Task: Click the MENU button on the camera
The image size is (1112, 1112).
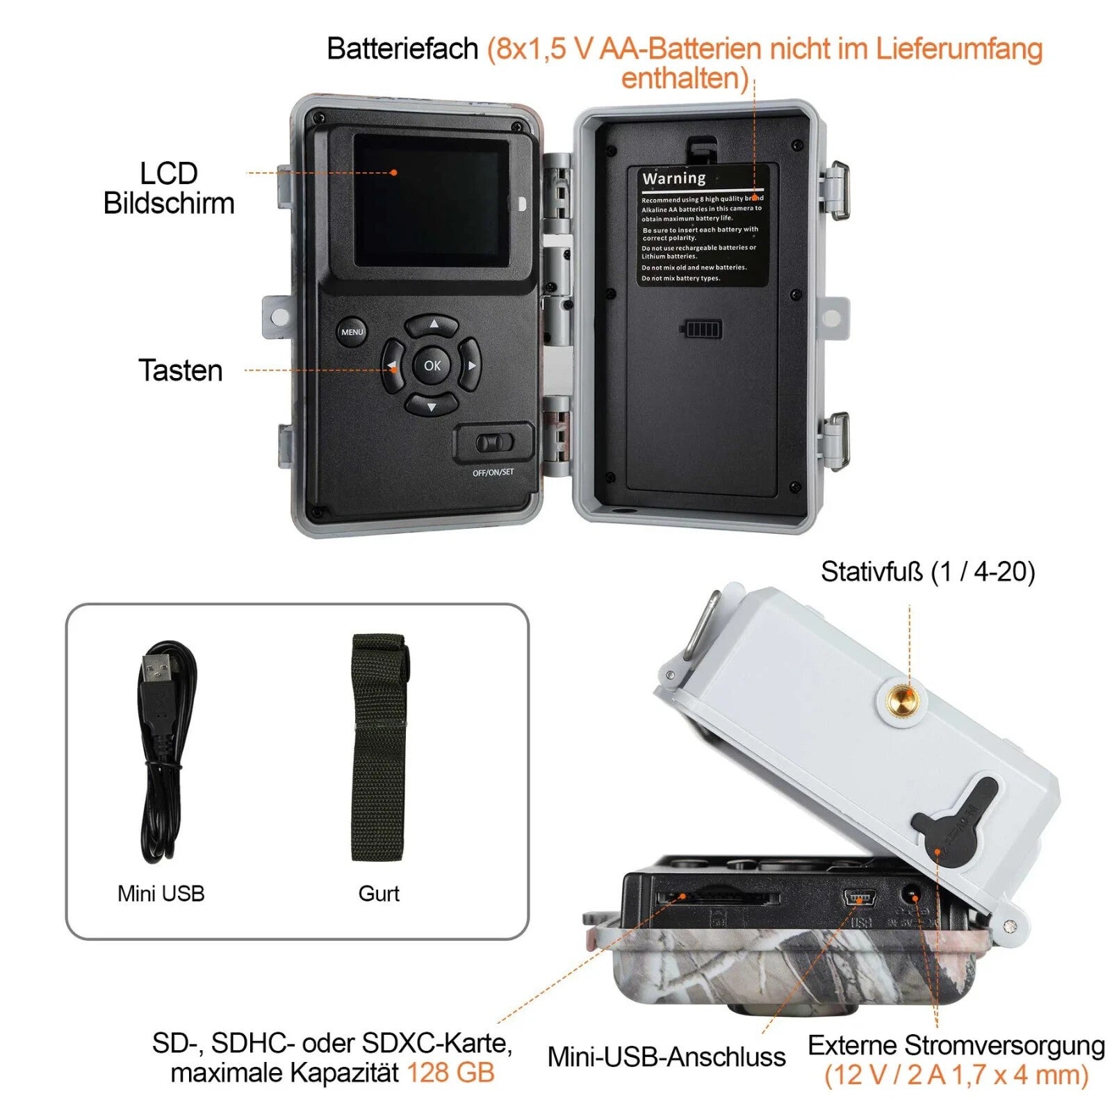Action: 352,332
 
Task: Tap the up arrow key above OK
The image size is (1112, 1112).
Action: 432,324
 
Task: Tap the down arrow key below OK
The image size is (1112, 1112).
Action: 432,406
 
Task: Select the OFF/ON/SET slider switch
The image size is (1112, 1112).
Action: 494,443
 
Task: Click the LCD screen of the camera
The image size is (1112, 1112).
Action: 431,202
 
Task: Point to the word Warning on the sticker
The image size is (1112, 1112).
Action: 673,179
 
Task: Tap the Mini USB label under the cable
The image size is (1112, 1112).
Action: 161,894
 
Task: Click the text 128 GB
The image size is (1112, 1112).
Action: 450,1072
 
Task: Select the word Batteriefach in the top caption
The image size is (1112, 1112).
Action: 402,49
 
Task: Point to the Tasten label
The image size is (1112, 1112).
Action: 181,370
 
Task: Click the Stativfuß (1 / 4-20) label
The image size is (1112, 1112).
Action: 928,572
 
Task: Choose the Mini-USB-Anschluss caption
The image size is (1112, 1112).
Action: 666,1056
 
